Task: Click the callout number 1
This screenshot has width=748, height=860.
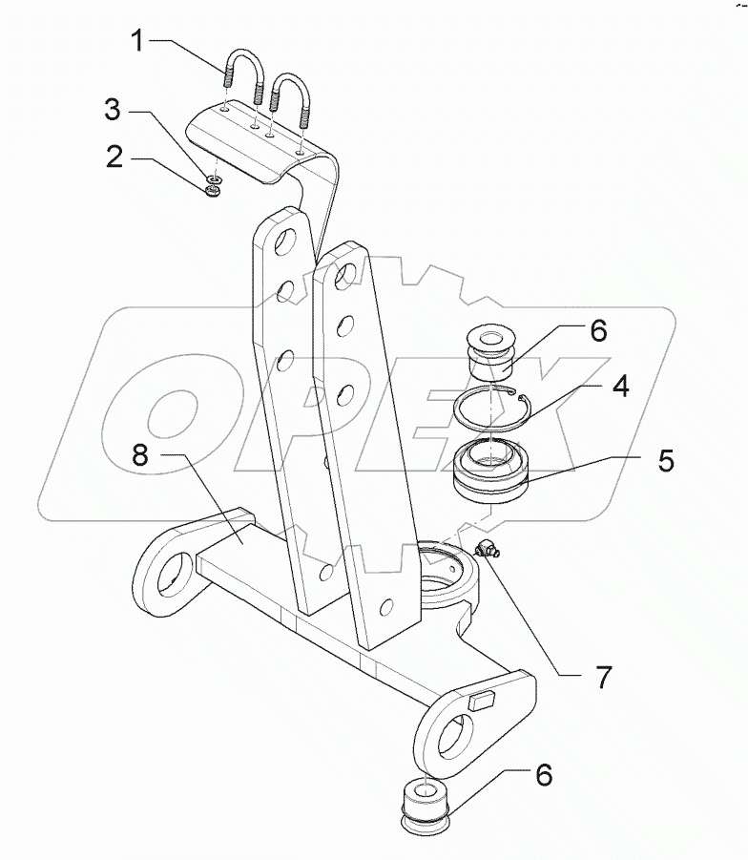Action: [x=138, y=43]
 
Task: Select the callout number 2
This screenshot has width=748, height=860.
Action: [x=115, y=157]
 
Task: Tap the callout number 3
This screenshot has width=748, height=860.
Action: [x=113, y=111]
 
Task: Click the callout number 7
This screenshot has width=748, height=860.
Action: [x=604, y=677]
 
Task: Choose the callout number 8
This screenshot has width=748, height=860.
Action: [x=140, y=458]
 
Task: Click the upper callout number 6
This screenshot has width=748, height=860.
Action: [x=597, y=330]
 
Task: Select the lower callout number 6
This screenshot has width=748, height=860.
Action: [x=543, y=775]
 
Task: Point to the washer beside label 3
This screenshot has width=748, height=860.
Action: [x=216, y=177]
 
